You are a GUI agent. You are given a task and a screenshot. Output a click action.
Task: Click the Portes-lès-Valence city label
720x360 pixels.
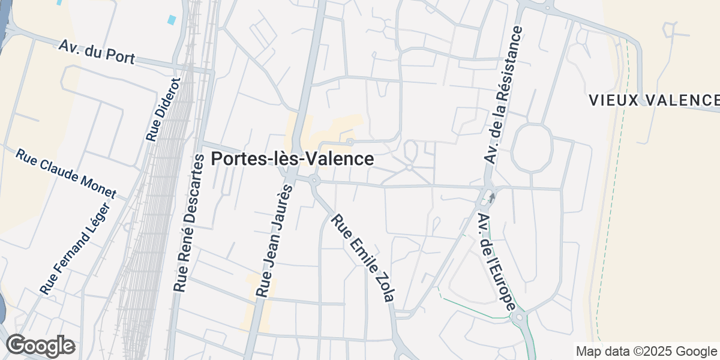point(293,159)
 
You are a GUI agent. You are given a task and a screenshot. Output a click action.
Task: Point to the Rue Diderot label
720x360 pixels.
point(163,110)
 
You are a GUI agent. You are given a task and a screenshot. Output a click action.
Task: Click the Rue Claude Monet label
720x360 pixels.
point(65,174)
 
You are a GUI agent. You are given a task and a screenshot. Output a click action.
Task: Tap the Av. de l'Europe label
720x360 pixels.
point(496,261)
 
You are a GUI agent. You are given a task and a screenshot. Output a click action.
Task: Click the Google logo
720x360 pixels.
point(41,346)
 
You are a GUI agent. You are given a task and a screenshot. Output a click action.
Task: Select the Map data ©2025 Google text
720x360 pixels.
point(646,351)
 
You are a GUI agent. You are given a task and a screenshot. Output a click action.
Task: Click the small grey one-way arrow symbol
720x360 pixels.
point(492,197)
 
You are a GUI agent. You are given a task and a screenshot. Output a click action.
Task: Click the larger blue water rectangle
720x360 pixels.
point(172,19)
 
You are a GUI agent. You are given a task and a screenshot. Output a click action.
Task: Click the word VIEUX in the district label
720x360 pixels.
point(610,100)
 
